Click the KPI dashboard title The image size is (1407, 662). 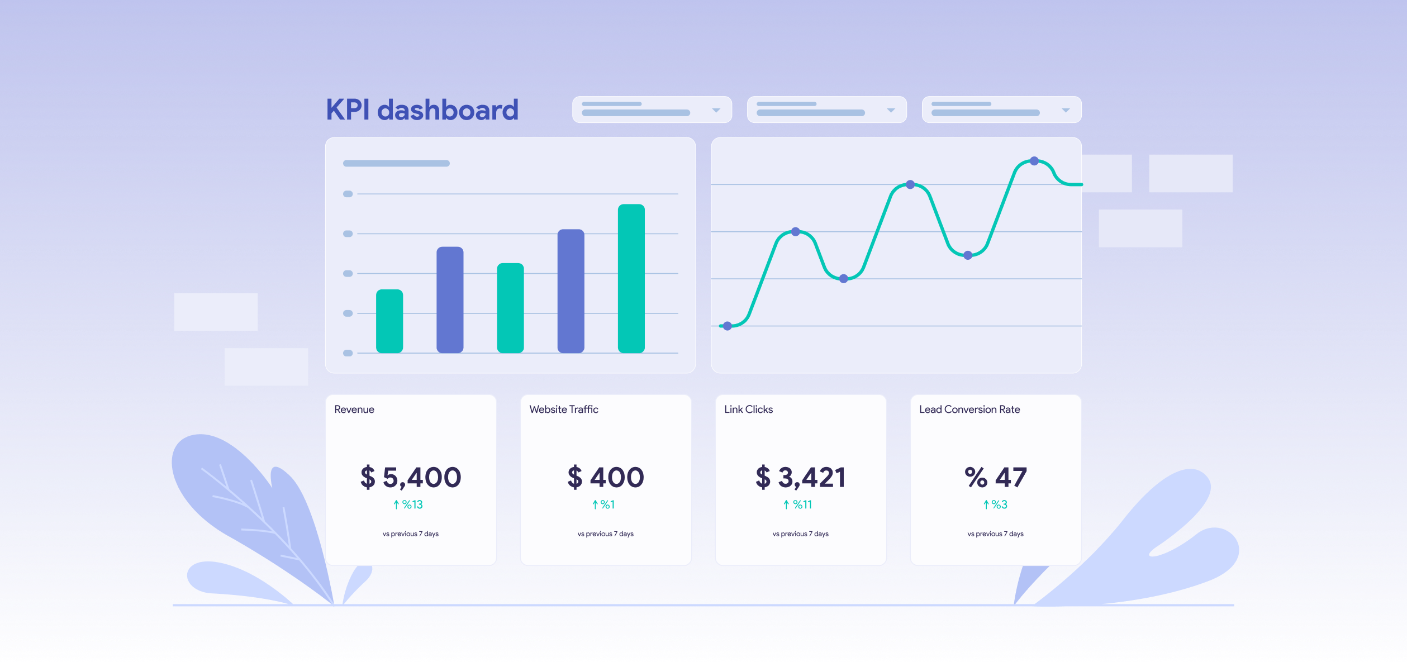coord(422,109)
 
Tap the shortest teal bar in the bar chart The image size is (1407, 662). coord(389,321)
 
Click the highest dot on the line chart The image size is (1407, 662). coord(1034,161)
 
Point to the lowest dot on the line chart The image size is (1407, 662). coord(728,326)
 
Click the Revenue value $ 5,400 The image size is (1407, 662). coord(411,478)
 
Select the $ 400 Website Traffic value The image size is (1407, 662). coord(606,478)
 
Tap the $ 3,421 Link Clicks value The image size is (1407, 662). coord(801,478)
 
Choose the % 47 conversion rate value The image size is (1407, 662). coord(996,478)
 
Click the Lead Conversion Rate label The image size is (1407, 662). coord(969,409)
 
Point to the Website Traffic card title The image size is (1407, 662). coord(564,409)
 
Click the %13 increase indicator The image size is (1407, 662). coord(408,504)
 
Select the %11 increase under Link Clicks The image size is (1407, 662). coord(798,504)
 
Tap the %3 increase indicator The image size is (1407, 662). coord(996,504)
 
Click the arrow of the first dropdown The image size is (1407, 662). coord(716,110)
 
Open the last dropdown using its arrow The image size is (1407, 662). coord(1066,110)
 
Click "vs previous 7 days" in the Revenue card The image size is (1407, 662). coord(411,534)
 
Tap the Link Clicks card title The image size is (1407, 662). coord(748,409)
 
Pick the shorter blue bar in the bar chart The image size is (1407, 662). coord(450,299)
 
